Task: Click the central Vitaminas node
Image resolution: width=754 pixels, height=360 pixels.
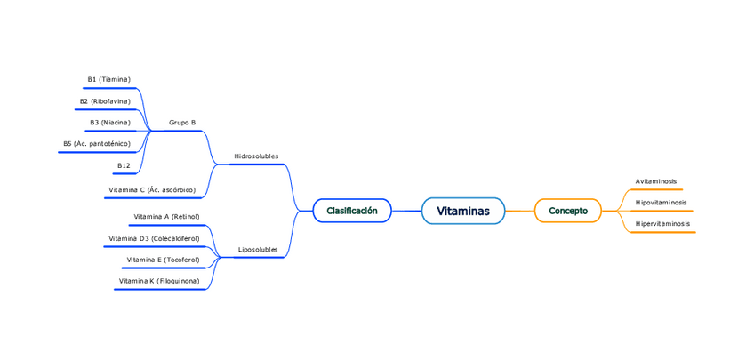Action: click(462, 211)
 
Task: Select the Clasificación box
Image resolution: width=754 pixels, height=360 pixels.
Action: click(352, 211)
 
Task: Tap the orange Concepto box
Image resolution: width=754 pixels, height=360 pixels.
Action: click(567, 211)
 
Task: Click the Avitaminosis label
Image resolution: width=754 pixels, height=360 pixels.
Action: click(655, 181)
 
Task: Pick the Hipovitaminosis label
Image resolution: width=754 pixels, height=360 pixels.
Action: click(661, 203)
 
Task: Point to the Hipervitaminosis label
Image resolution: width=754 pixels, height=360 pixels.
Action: click(662, 224)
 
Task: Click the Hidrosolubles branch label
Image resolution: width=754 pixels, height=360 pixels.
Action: click(256, 156)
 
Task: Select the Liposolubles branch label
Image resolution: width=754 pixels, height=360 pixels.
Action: click(258, 250)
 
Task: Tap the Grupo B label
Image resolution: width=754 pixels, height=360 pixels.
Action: click(182, 123)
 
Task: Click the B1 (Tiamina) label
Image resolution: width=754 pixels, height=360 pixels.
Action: click(108, 80)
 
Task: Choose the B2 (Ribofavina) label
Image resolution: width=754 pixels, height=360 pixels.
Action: click(105, 101)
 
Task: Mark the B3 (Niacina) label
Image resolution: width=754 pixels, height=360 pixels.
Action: click(110, 123)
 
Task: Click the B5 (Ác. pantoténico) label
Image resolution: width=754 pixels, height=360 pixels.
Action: click(97, 144)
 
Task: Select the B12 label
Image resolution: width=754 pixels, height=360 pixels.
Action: click(124, 165)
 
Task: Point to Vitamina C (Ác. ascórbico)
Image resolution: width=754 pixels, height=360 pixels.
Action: click(152, 190)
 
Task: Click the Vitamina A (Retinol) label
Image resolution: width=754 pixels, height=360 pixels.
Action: click(166, 217)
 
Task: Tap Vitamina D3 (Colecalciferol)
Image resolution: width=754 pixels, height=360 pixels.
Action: click(154, 239)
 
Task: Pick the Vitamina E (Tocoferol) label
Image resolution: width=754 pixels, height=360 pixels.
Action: click(163, 260)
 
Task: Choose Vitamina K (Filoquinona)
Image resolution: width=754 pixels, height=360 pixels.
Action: click(159, 282)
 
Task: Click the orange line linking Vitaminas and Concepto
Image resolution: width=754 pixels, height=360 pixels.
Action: click(519, 211)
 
